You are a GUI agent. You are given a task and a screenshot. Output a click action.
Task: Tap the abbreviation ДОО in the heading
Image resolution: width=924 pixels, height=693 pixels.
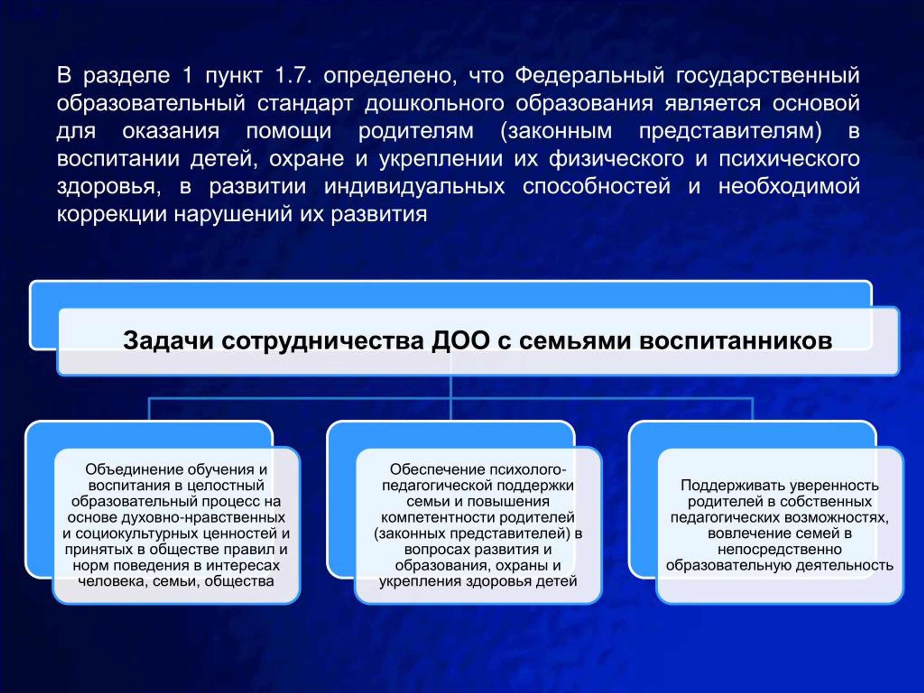pos(461,340)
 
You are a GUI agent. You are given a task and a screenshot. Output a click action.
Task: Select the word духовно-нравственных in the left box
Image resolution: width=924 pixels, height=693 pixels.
pos(204,518)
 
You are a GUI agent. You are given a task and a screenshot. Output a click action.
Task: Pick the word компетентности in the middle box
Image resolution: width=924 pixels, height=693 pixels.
pos(438,518)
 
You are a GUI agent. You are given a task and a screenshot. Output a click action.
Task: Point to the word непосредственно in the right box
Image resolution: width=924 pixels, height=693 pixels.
pos(780,550)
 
